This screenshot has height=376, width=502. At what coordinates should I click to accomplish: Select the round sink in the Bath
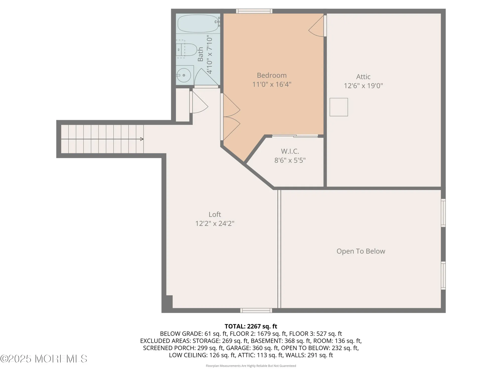(x=184, y=75)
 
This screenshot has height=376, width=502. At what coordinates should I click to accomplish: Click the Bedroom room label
(x=272, y=75)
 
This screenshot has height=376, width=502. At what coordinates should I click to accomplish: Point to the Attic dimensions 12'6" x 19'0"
(x=363, y=86)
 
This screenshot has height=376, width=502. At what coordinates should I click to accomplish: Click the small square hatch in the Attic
(x=339, y=107)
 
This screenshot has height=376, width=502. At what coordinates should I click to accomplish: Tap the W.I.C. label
(x=290, y=151)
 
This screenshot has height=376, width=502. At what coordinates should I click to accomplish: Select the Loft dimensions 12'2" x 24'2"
(x=215, y=223)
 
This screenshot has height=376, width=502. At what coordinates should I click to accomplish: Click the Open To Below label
(x=361, y=251)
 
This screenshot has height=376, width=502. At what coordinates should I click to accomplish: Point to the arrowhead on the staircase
(x=142, y=139)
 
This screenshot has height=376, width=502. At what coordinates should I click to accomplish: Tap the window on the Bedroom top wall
(x=254, y=11)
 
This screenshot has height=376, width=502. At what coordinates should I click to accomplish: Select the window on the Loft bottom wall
(x=256, y=311)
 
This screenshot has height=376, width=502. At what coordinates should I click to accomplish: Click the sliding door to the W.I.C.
(x=295, y=136)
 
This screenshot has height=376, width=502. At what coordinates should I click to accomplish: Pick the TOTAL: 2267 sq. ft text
(x=251, y=326)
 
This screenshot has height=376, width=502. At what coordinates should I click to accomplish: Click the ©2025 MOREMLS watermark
(x=44, y=359)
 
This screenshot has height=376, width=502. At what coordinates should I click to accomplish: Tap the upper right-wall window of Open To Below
(x=443, y=213)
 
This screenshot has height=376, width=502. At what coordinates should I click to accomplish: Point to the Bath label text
(x=200, y=54)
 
